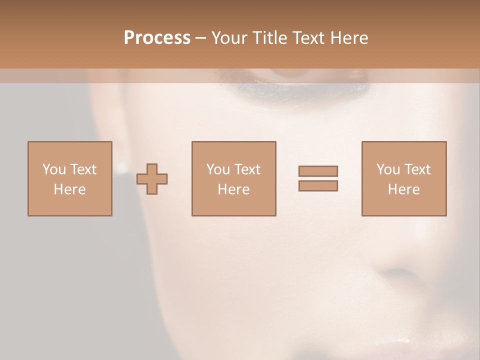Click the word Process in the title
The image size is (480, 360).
157,37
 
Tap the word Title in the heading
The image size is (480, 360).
270,37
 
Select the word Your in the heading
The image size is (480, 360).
230,37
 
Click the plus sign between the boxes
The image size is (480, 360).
152,179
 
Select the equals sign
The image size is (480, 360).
318,178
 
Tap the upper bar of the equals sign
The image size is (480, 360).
318,171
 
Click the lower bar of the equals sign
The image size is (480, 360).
318,186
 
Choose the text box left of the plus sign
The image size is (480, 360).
70,178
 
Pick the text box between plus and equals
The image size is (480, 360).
234,178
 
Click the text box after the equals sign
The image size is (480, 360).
404,178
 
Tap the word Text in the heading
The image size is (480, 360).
308,37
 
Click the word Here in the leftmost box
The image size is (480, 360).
70,189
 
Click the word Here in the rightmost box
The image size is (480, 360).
404,189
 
